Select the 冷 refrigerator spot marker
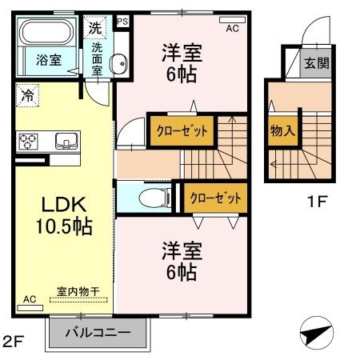click(26, 94)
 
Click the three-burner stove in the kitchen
click(29, 142)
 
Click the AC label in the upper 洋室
click(233, 28)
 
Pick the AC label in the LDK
click(29, 299)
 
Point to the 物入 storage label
click(280, 129)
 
